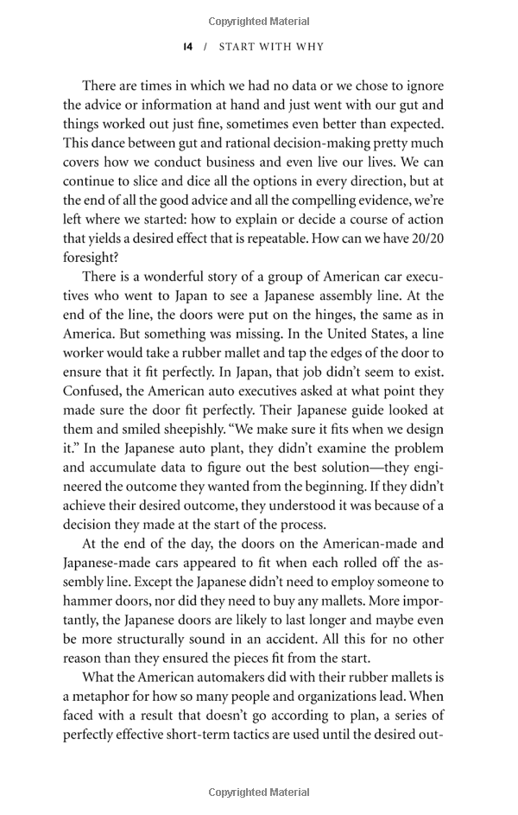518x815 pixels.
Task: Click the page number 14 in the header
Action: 187,47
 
